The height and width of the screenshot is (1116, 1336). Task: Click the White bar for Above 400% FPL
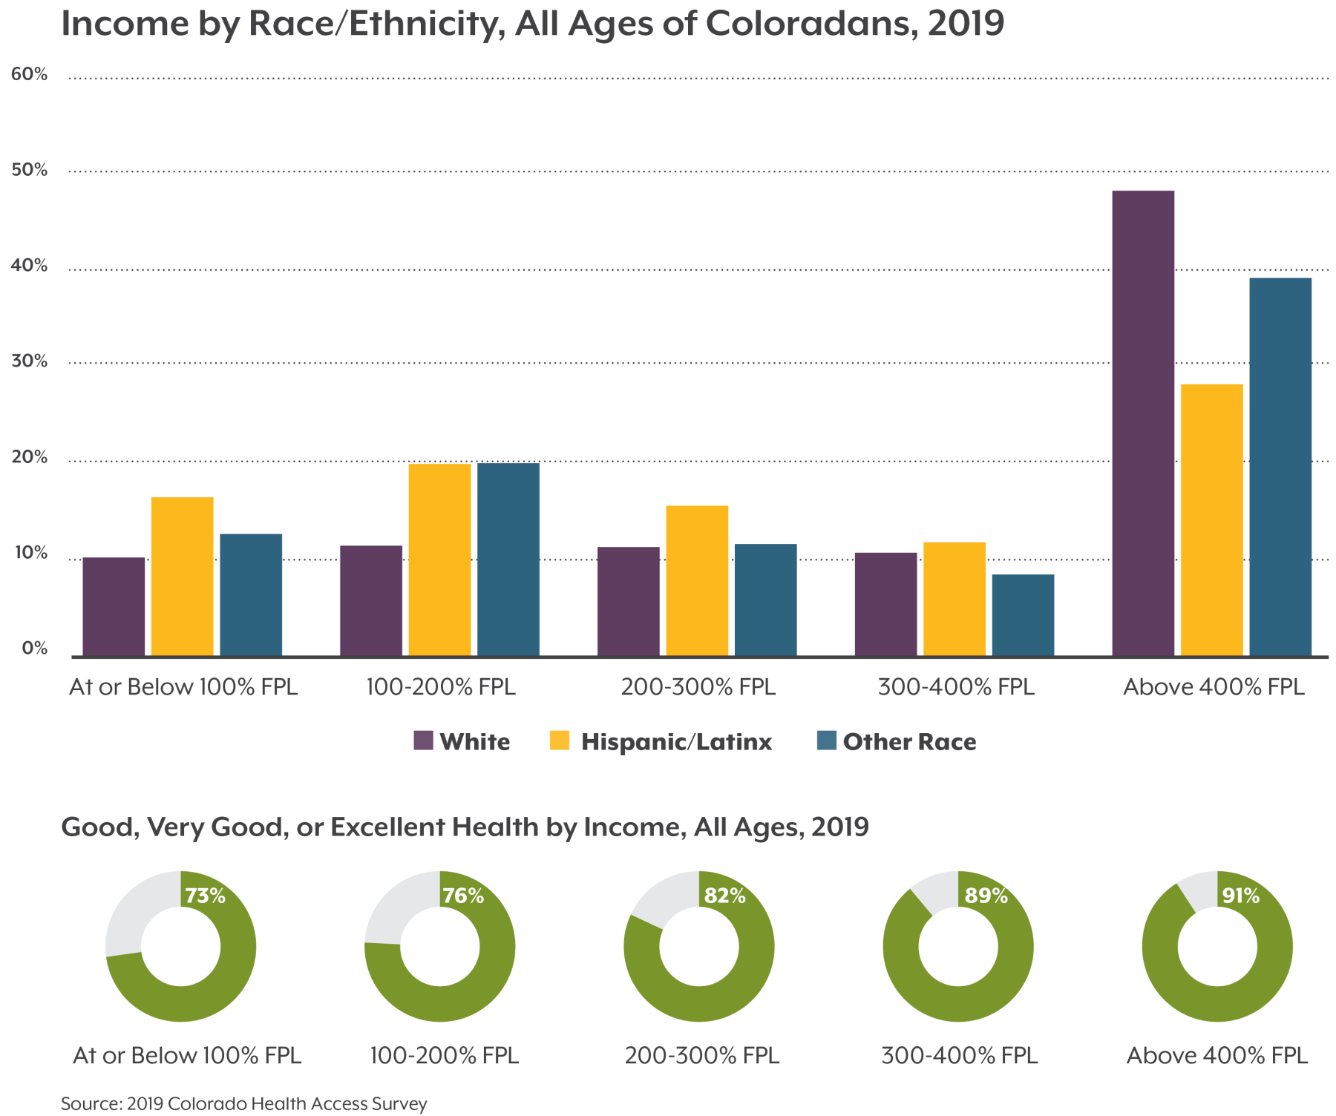1143,423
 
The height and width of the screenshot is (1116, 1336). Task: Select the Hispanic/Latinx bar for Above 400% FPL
1211,519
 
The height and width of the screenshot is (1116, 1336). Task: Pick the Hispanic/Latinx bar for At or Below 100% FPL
182,577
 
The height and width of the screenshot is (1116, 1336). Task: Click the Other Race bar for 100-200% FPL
508,559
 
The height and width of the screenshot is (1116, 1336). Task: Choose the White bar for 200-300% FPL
628,601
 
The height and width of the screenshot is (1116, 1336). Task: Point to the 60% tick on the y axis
29,74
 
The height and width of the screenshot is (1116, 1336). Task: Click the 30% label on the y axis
29,361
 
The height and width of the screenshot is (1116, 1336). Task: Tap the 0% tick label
34,648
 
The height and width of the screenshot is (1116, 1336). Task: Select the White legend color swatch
423,741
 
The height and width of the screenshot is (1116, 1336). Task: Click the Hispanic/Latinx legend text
676,742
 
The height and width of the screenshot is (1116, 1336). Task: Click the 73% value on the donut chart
205,896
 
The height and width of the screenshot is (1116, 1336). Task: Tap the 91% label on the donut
1241,896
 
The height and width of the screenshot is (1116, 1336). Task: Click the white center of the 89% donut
957,947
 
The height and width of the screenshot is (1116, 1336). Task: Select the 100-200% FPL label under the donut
444,1055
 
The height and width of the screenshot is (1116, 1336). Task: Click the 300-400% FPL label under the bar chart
955,687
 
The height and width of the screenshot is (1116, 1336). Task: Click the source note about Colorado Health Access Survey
243,1103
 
